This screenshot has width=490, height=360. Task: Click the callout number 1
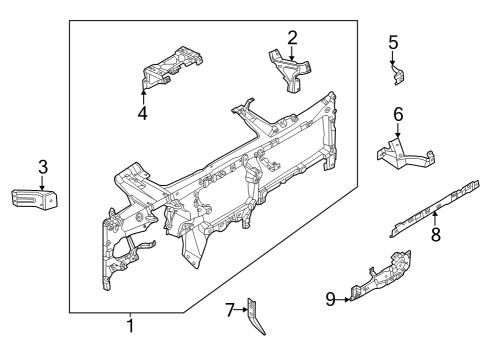coord(129,326)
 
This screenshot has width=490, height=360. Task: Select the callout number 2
coord(292,38)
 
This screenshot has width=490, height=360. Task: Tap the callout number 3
coord(42,166)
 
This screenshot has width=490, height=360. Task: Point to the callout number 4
coord(143,113)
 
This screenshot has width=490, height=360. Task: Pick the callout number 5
coord(393,42)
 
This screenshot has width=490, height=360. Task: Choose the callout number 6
coord(397,115)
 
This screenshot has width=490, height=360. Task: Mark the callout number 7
coord(229,310)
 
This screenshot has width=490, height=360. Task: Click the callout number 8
coord(435,236)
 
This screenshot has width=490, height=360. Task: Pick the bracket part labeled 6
coord(404,153)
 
